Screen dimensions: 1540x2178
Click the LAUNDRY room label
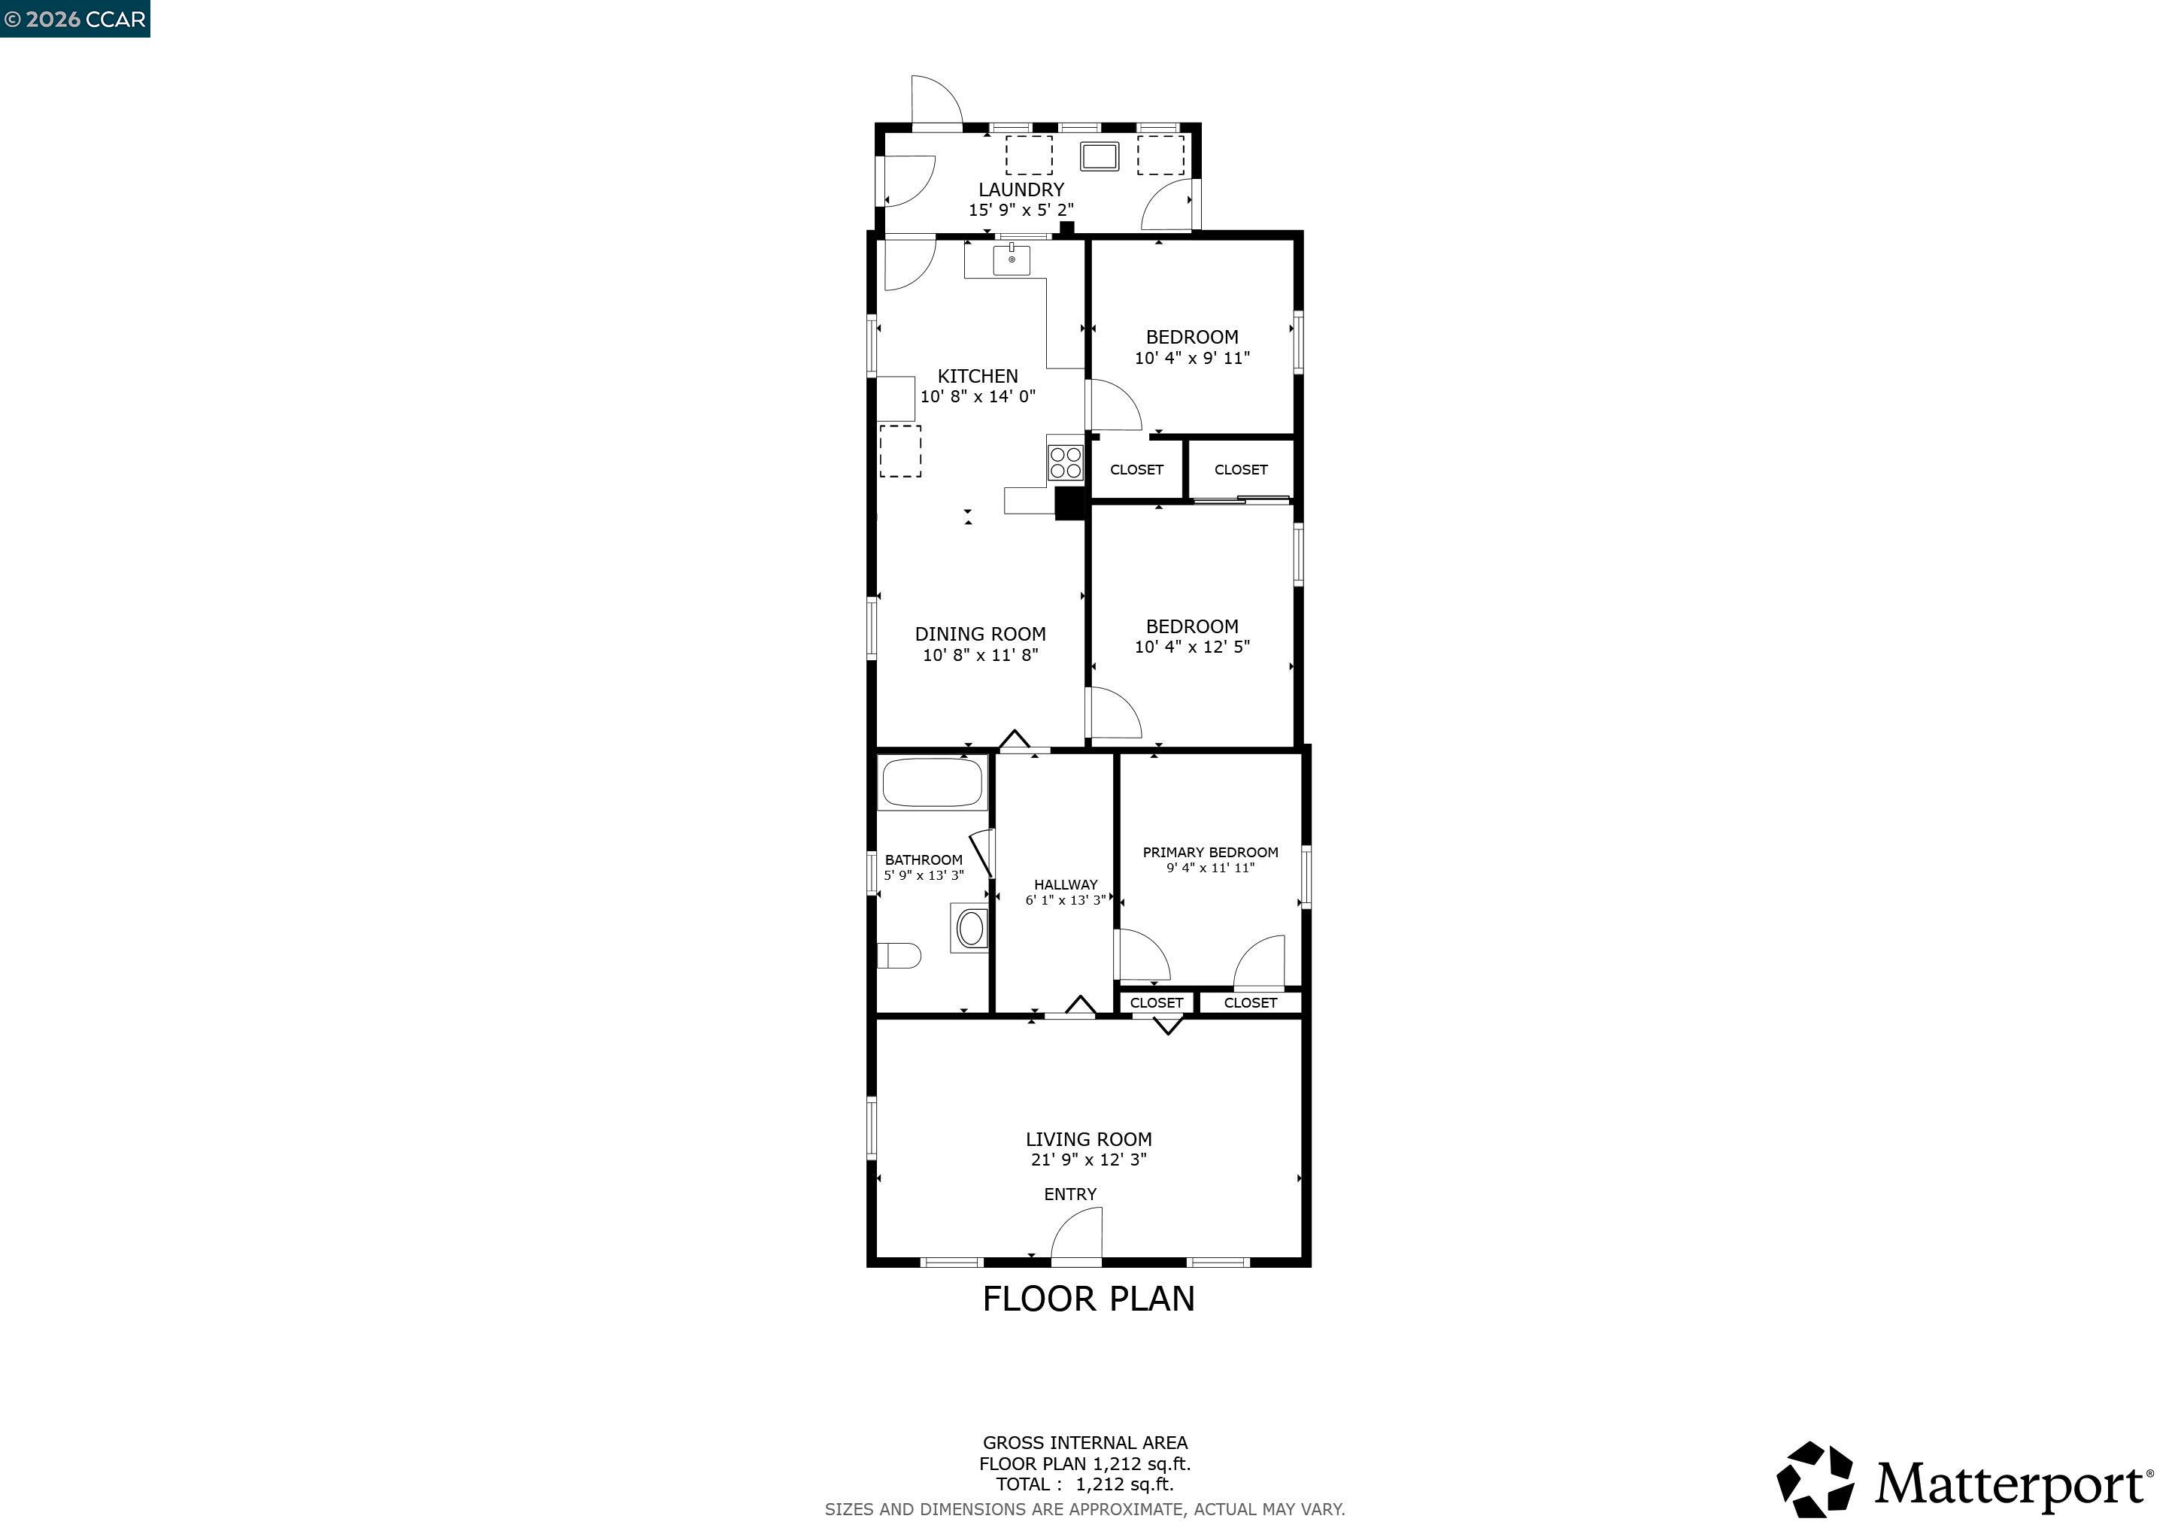pos(1021,189)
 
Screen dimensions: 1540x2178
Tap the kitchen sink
pos(1012,260)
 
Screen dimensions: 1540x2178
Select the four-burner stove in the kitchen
pos(1065,462)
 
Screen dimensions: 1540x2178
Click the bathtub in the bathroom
pos(933,782)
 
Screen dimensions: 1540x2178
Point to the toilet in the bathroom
pos(899,955)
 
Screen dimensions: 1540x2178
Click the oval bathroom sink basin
pos(970,929)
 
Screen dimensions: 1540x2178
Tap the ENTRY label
pos(1070,1195)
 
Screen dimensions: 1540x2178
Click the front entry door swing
pos(1078,1238)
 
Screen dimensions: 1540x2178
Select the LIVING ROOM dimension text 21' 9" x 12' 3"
pos(1088,1160)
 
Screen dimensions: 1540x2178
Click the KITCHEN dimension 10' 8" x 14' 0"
pos(977,396)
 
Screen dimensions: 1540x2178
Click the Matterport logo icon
pos(1815,1479)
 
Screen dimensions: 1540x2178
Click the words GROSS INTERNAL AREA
pos(1084,1442)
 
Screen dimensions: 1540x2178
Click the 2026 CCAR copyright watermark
pos(75,19)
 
